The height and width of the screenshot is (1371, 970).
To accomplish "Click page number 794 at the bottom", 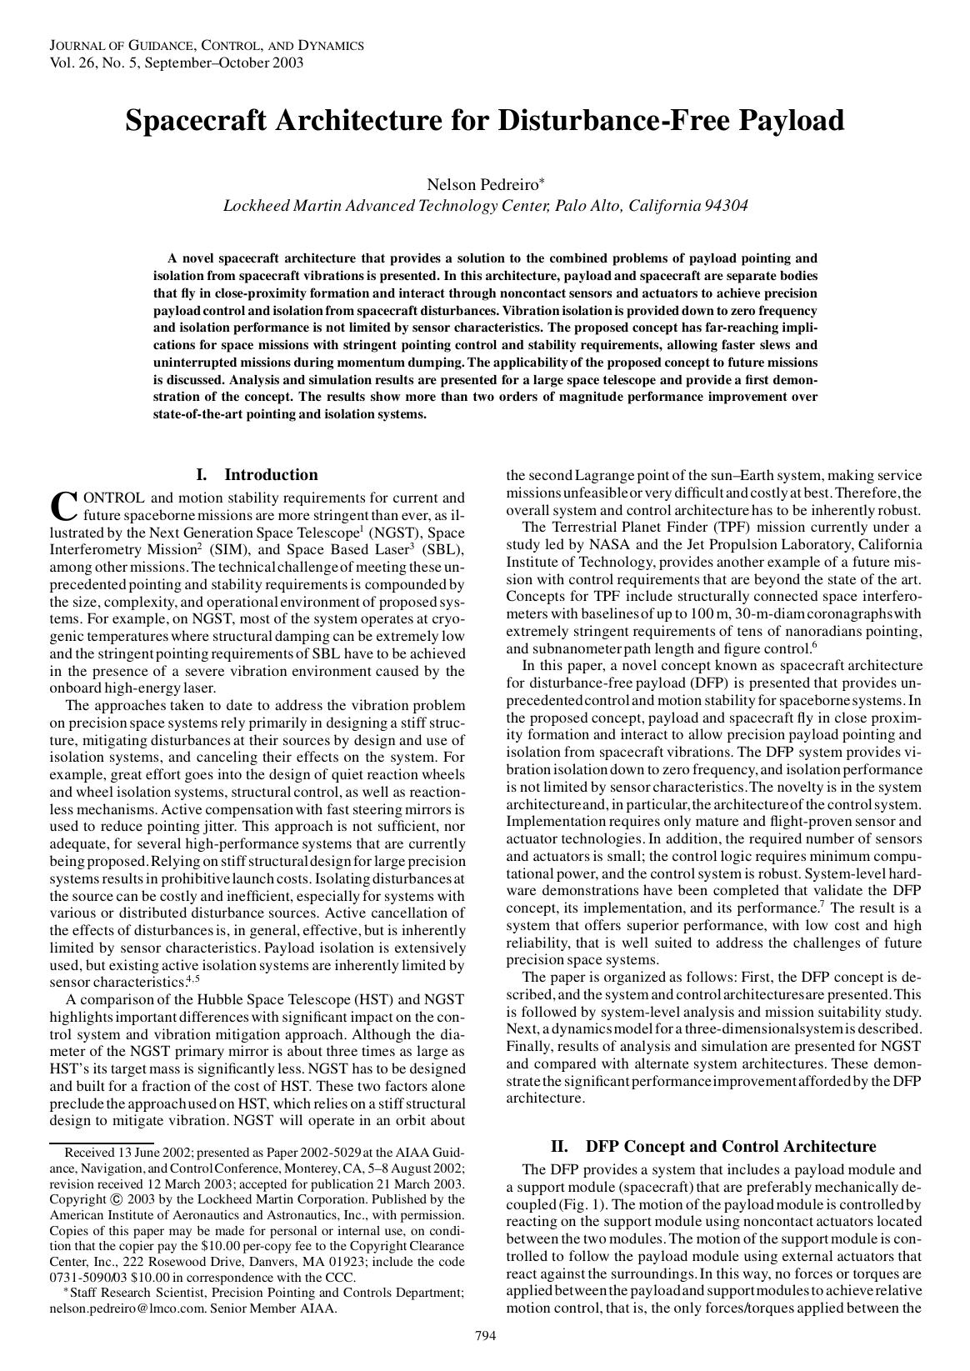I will [x=485, y=1337].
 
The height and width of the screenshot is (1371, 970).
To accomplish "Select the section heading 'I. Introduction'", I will [x=257, y=475].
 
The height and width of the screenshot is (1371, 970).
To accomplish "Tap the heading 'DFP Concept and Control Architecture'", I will [x=730, y=1146].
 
